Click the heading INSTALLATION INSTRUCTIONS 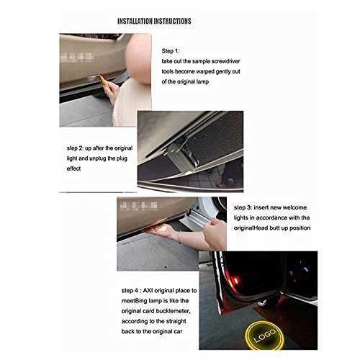pyautogui.click(x=154, y=21)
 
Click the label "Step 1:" pyautogui.click(x=171, y=51)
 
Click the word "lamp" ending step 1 pyautogui.click(x=203, y=81)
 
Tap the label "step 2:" pyautogui.click(x=75, y=148)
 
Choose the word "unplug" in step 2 pyautogui.click(x=99, y=158)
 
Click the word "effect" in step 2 pyautogui.click(x=73, y=168)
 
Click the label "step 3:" pyautogui.click(x=243, y=207)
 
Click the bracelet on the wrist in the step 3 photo pyautogui.click(x=179, y=238)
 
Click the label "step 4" pyautogui.click(x=130, y=291)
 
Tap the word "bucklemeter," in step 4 pyautogui.click(x=174, y=311)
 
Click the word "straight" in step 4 pyautogui.click(x=174, y=322)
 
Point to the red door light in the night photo pyautogui.click(x=234, y=280)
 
